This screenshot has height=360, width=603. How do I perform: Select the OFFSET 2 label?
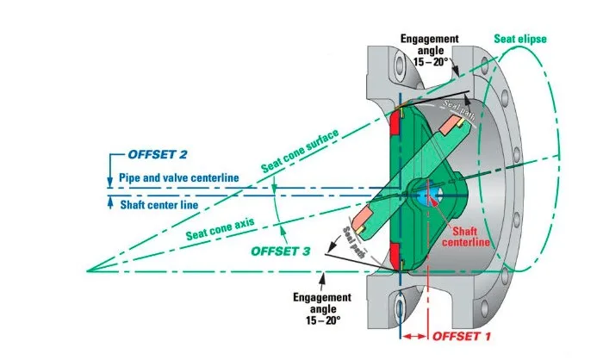[x=158, y=155]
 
